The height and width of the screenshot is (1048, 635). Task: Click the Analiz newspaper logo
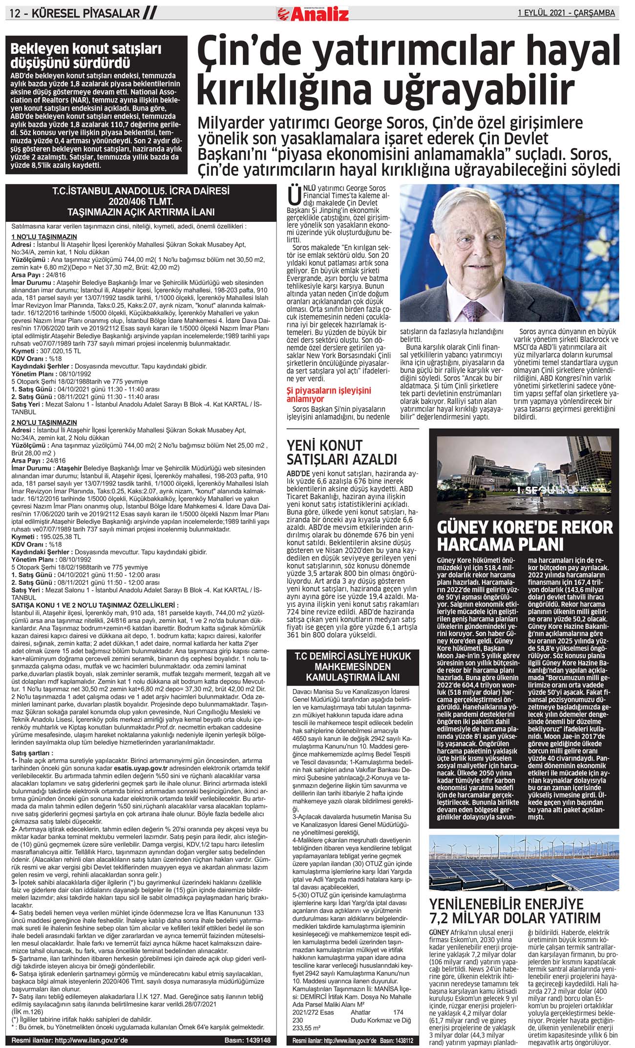pyautogui.click(x=313, y=13)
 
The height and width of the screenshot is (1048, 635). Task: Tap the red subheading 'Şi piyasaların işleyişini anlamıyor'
pyautogui.click(x=328, y=394)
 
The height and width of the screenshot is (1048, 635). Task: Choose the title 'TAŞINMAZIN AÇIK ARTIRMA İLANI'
pyautogui.click(x=141, y=212)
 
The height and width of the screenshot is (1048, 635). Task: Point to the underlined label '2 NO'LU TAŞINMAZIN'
pyautogui.click(x=44, y=423)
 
